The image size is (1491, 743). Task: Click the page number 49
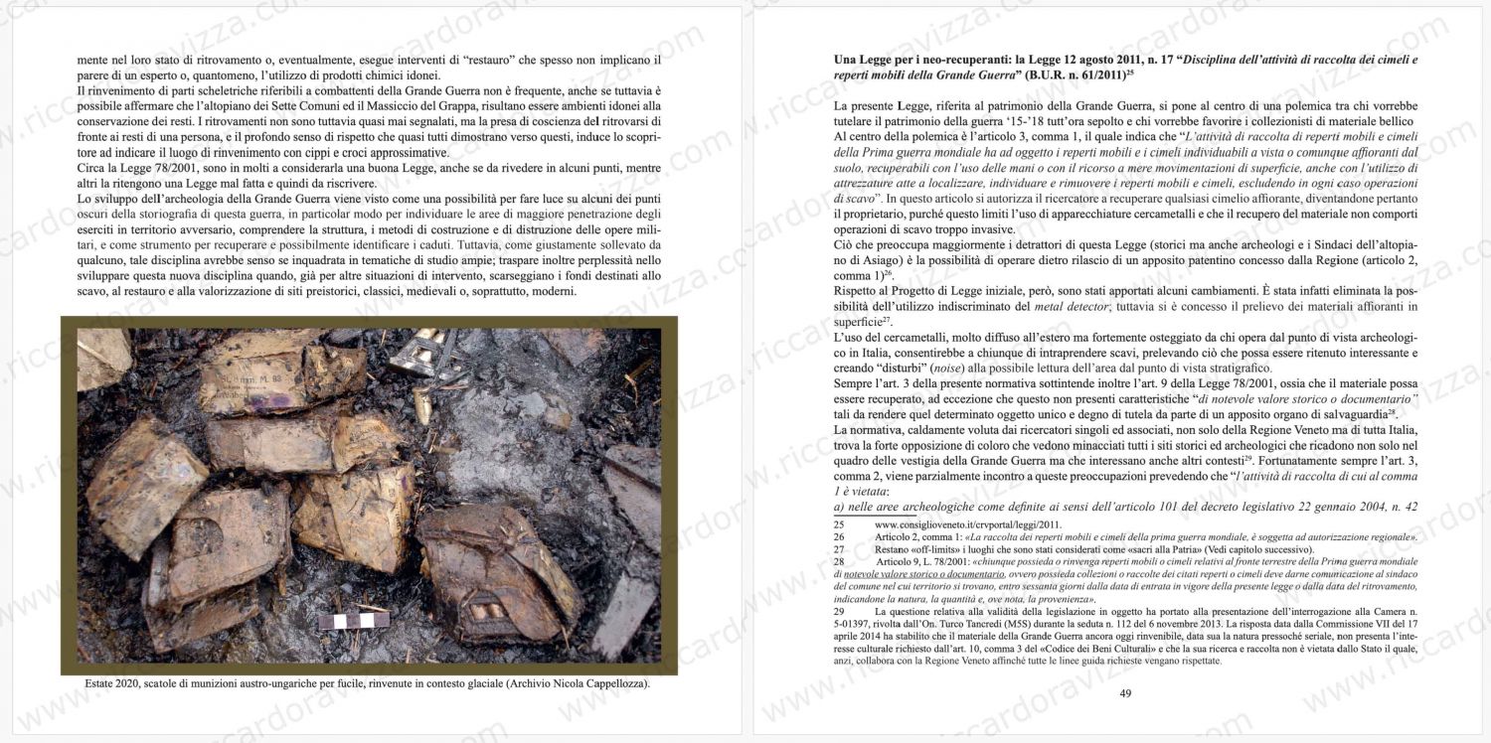click(x=1125, y=693)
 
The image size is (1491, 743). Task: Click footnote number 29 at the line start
click(x=839, y=612)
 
